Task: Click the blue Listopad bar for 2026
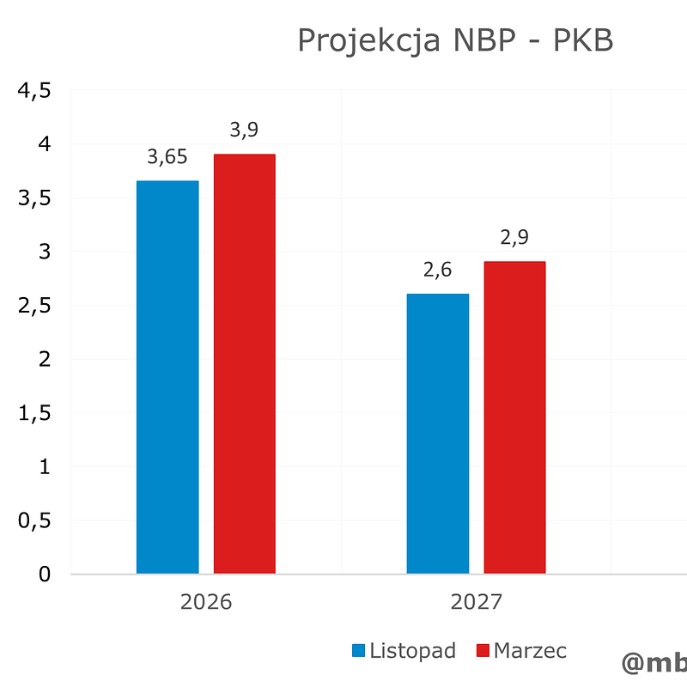pyautogui.click(x=167, y=378)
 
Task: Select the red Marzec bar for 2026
pyautogui.click(x=245, y=364)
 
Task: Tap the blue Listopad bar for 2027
pyautogui.click(x=438, y=434)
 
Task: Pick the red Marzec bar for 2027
pyautogui.click(x=514, y=417)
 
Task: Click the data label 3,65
pyautogui.click(x=167, y=157)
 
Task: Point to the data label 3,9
pyautogui.click(x=245, y=131)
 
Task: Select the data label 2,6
pyautogui.click(x=438, y=271)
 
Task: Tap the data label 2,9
pyautogui.click(x=514, y=238)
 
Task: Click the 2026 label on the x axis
pyautogui.click(x=206, y=602)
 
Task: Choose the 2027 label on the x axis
pyautogui.click(x=477, y=602)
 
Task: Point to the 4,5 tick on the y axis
pyautogui.click(x=35, y=91)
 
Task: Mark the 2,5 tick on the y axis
pyautogui.click(x=35, y=306)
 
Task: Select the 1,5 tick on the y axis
pyautogui.click(x=35, y=413)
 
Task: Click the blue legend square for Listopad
pyautogui.click(x=359, y=651)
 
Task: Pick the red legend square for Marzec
pyautogui.click(x=483, y=651)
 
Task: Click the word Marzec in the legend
pyautogui.click(x=530, y=651)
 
